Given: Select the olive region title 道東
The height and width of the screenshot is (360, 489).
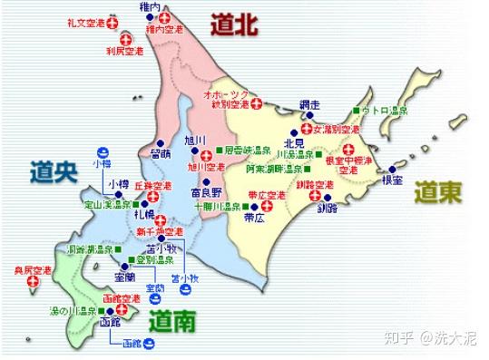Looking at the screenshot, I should click(438, 192).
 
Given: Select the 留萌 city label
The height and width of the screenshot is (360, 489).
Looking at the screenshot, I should click(161, 154).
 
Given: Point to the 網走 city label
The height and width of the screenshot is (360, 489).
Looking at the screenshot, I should click(309, 104).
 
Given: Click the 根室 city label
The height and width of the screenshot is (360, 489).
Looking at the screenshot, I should click(391, 180).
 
